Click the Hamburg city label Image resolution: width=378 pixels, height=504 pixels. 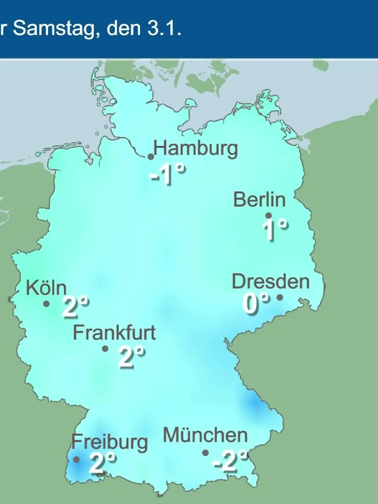point(196,149)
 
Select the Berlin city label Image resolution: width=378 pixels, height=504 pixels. point(260,200)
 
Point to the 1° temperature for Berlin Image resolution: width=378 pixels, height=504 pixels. point(275,229)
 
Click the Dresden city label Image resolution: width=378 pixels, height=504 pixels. point(271,282)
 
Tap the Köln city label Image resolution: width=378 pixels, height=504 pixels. point(46,288)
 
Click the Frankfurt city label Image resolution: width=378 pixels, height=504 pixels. point(114,333)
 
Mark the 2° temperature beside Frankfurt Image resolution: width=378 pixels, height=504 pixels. point(132,357)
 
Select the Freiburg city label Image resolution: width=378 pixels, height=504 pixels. point(110,442)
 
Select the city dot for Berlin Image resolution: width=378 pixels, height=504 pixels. point(268,215)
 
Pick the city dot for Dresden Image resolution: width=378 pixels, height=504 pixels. point(279,297)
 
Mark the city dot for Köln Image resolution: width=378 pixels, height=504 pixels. point(47,304)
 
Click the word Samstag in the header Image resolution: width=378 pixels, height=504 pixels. point(54,29)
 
